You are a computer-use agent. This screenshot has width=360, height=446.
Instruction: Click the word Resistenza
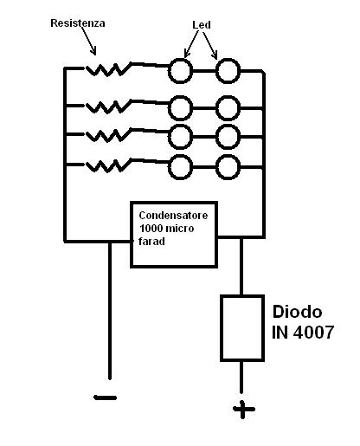(x=78, y=23)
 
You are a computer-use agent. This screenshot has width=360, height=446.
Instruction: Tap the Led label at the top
(x=202, y=25)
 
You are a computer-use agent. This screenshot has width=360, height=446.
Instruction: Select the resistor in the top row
(x=108, y=69)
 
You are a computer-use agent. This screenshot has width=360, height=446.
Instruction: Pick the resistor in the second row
(x=108, y=107)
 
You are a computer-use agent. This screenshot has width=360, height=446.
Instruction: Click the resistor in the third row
(x=108, y=135)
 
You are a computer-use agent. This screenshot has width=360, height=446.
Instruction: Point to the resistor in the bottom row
(x=108, y=165)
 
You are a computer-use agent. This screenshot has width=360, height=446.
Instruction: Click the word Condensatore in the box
(x=173, y=216)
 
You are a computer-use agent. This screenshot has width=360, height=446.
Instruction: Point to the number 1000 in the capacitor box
(x=151, y=229)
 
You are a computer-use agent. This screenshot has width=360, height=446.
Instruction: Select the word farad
(x=151, y=241)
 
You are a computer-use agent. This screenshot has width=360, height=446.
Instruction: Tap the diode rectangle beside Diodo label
(x=222, y=328)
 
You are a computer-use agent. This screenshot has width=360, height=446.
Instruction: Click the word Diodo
(x=297, y=312)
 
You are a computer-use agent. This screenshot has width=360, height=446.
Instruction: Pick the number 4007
(x=313, y=332)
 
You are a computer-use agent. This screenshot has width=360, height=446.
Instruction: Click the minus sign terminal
(x=106, y=398)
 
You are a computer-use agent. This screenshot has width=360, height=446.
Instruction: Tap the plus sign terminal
(x=243, y=409)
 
